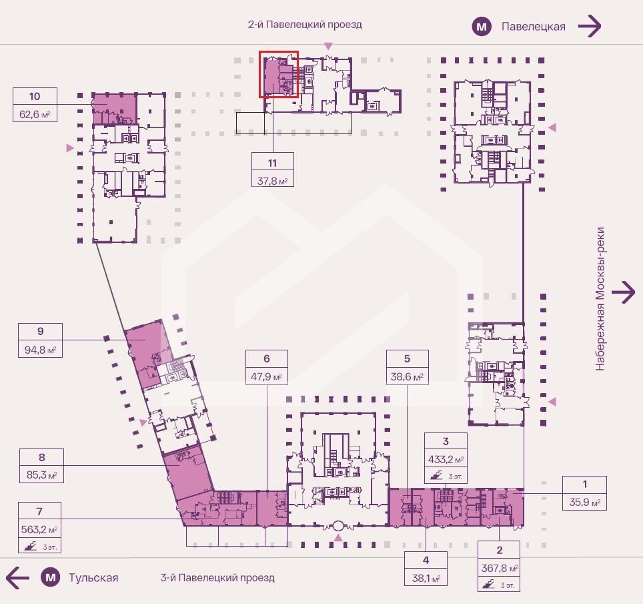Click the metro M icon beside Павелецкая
click(482, 27)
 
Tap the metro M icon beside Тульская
click(51, 578)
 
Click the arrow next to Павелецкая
click(590, 26)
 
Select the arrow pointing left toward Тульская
click(17, 578)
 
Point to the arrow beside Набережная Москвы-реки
click(623, 292)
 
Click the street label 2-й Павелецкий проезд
click(305, 25)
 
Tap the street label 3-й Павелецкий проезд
click(217, 578)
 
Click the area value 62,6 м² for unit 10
click(35, 114)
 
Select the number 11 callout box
click(273, 170)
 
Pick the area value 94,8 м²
click(40, 350)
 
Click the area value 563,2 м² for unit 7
click(39, 530)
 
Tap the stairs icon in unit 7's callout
click(31, 546)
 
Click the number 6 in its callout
click(267, 358)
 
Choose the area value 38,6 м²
click(407, 376)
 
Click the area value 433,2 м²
click(446, 460)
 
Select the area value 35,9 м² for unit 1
click(585, 502)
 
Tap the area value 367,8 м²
click(500, 569)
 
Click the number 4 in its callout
click(426, 560)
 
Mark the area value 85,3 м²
click(42, 475)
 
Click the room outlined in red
click(278, 74)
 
